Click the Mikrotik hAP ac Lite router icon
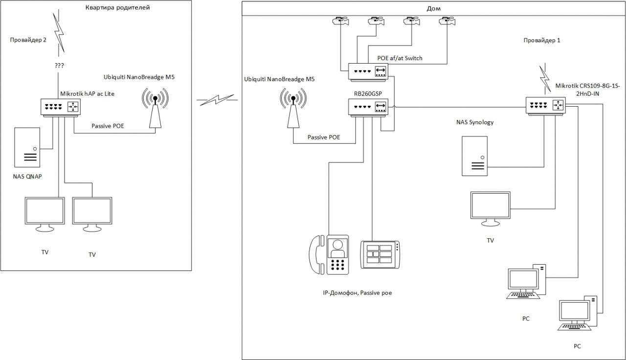coord(59,107)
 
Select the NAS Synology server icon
coord(475,156)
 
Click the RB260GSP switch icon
coord(368,107)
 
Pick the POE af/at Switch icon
coord(368,71)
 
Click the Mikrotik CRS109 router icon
coord(546,106)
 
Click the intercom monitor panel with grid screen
coord(380,254)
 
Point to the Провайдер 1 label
coord(541,41)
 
